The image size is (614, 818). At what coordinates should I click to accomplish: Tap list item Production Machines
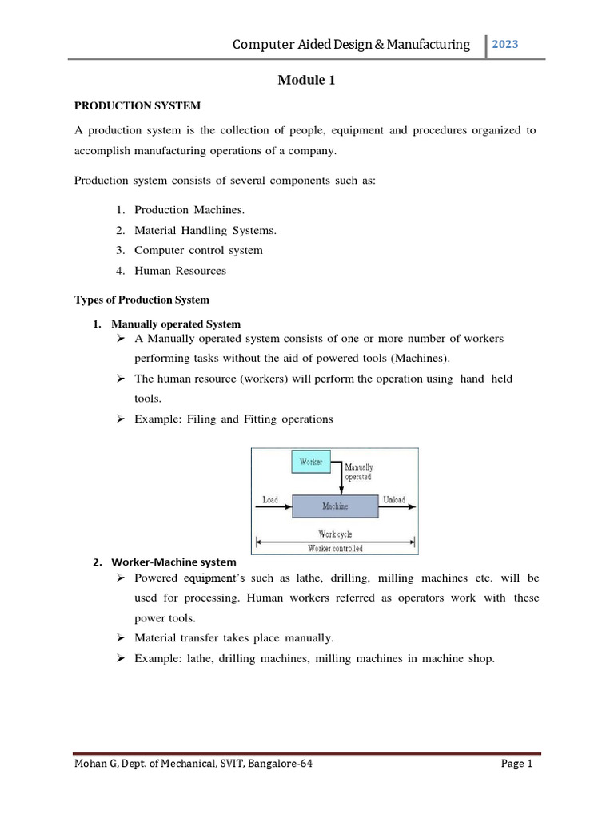coord(180,209)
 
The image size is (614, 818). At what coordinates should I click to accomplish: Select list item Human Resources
coord(180,271)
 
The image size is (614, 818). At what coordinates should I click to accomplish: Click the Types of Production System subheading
coord(142,300)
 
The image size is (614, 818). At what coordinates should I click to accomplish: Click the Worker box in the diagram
coord(310,463)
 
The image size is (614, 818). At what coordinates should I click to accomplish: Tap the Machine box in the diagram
coord(335,506)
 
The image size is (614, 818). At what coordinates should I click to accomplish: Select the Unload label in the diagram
coord(394,500)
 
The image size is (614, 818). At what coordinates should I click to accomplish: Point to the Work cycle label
coord(335,534)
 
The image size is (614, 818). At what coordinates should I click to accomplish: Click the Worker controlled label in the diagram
coord(335,548)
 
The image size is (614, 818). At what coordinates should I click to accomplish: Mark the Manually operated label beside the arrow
coord(358,472)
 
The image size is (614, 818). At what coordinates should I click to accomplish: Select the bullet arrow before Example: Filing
coord(122,419)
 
